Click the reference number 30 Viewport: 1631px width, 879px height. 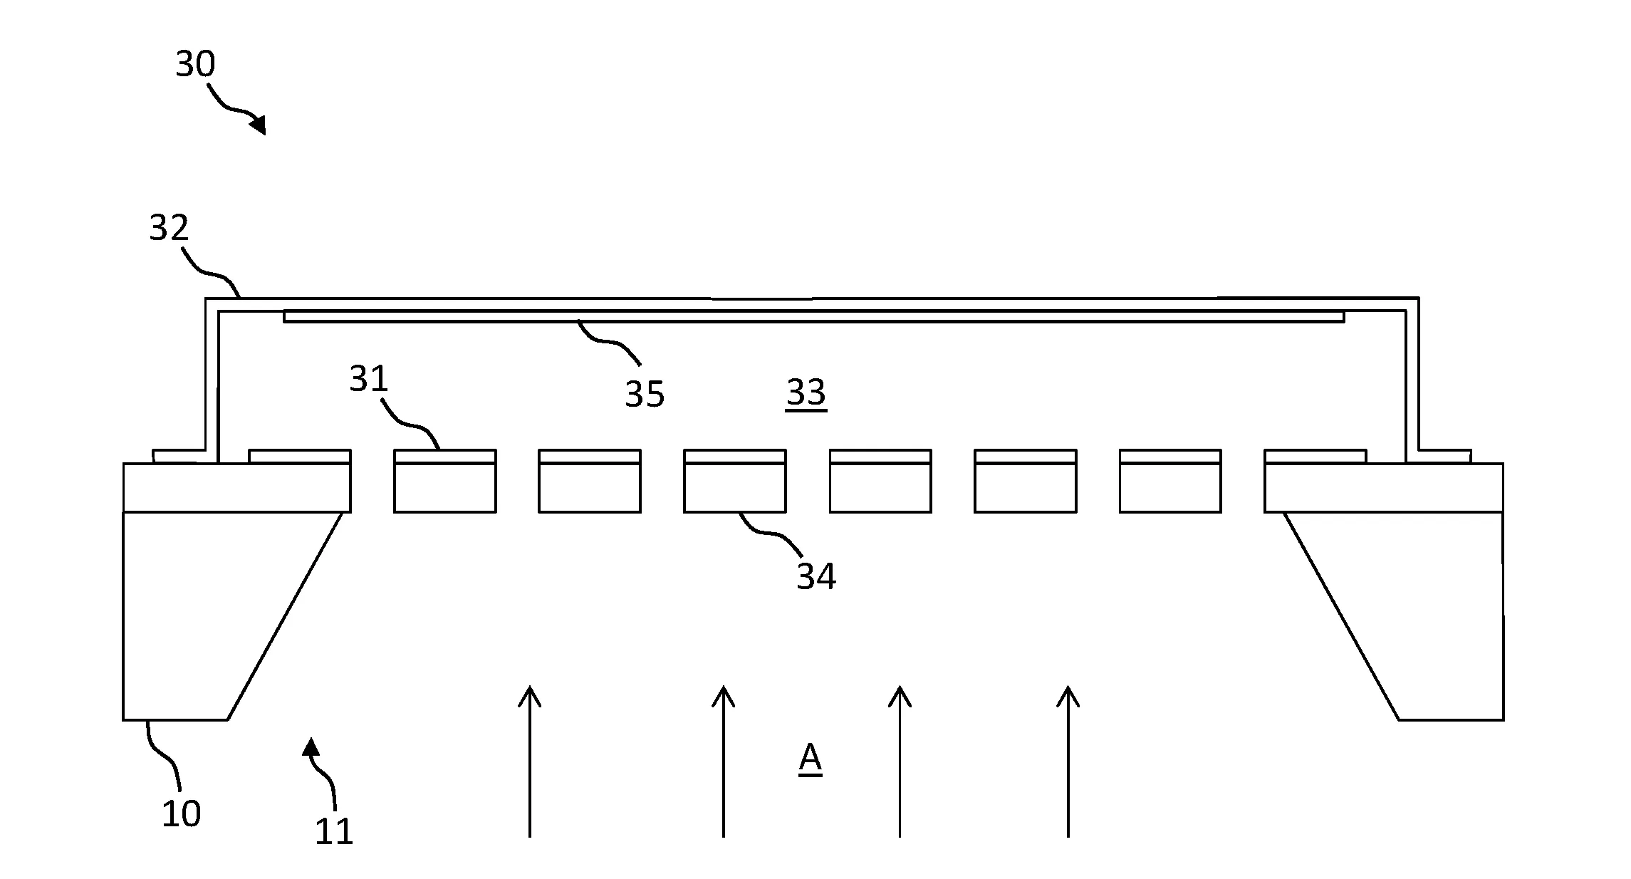pyautogui.click(x=195, y=64)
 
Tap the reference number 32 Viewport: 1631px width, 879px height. pyautogui.click(x=169, y=228)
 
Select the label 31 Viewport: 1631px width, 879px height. pyautogui.click(x=369, y=379)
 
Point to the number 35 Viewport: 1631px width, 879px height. pyautogui.click(x=645, y=394)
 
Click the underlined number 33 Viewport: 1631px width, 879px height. pyautogui.click(x=806, y=392)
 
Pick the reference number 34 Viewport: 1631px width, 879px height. pyautogui.click(x=816, y=576)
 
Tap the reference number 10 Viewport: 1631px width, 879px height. pyautogui.click(x=181, y=813)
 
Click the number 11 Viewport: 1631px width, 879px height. pyautogui.click(x=334, y=831)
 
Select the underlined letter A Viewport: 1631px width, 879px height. pyautogui.click(x=811, y=759)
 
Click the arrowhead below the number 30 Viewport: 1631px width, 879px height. pyautogui.click(x=259, y=125)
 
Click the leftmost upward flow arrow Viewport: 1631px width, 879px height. pyautogui.click(x=529, y=761)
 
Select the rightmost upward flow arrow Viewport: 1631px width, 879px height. pyautogui.click(x=1068, y=761)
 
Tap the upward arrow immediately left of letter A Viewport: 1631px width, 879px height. pyautogui.click(x=723, y=761)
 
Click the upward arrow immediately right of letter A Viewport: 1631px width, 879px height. pyautogui.click(x=900, y=761)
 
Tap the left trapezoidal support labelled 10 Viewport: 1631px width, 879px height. pyautogui.click(x=214, y=615)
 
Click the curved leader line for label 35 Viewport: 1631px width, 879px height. pyautogui.click(x=609, y=343)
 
